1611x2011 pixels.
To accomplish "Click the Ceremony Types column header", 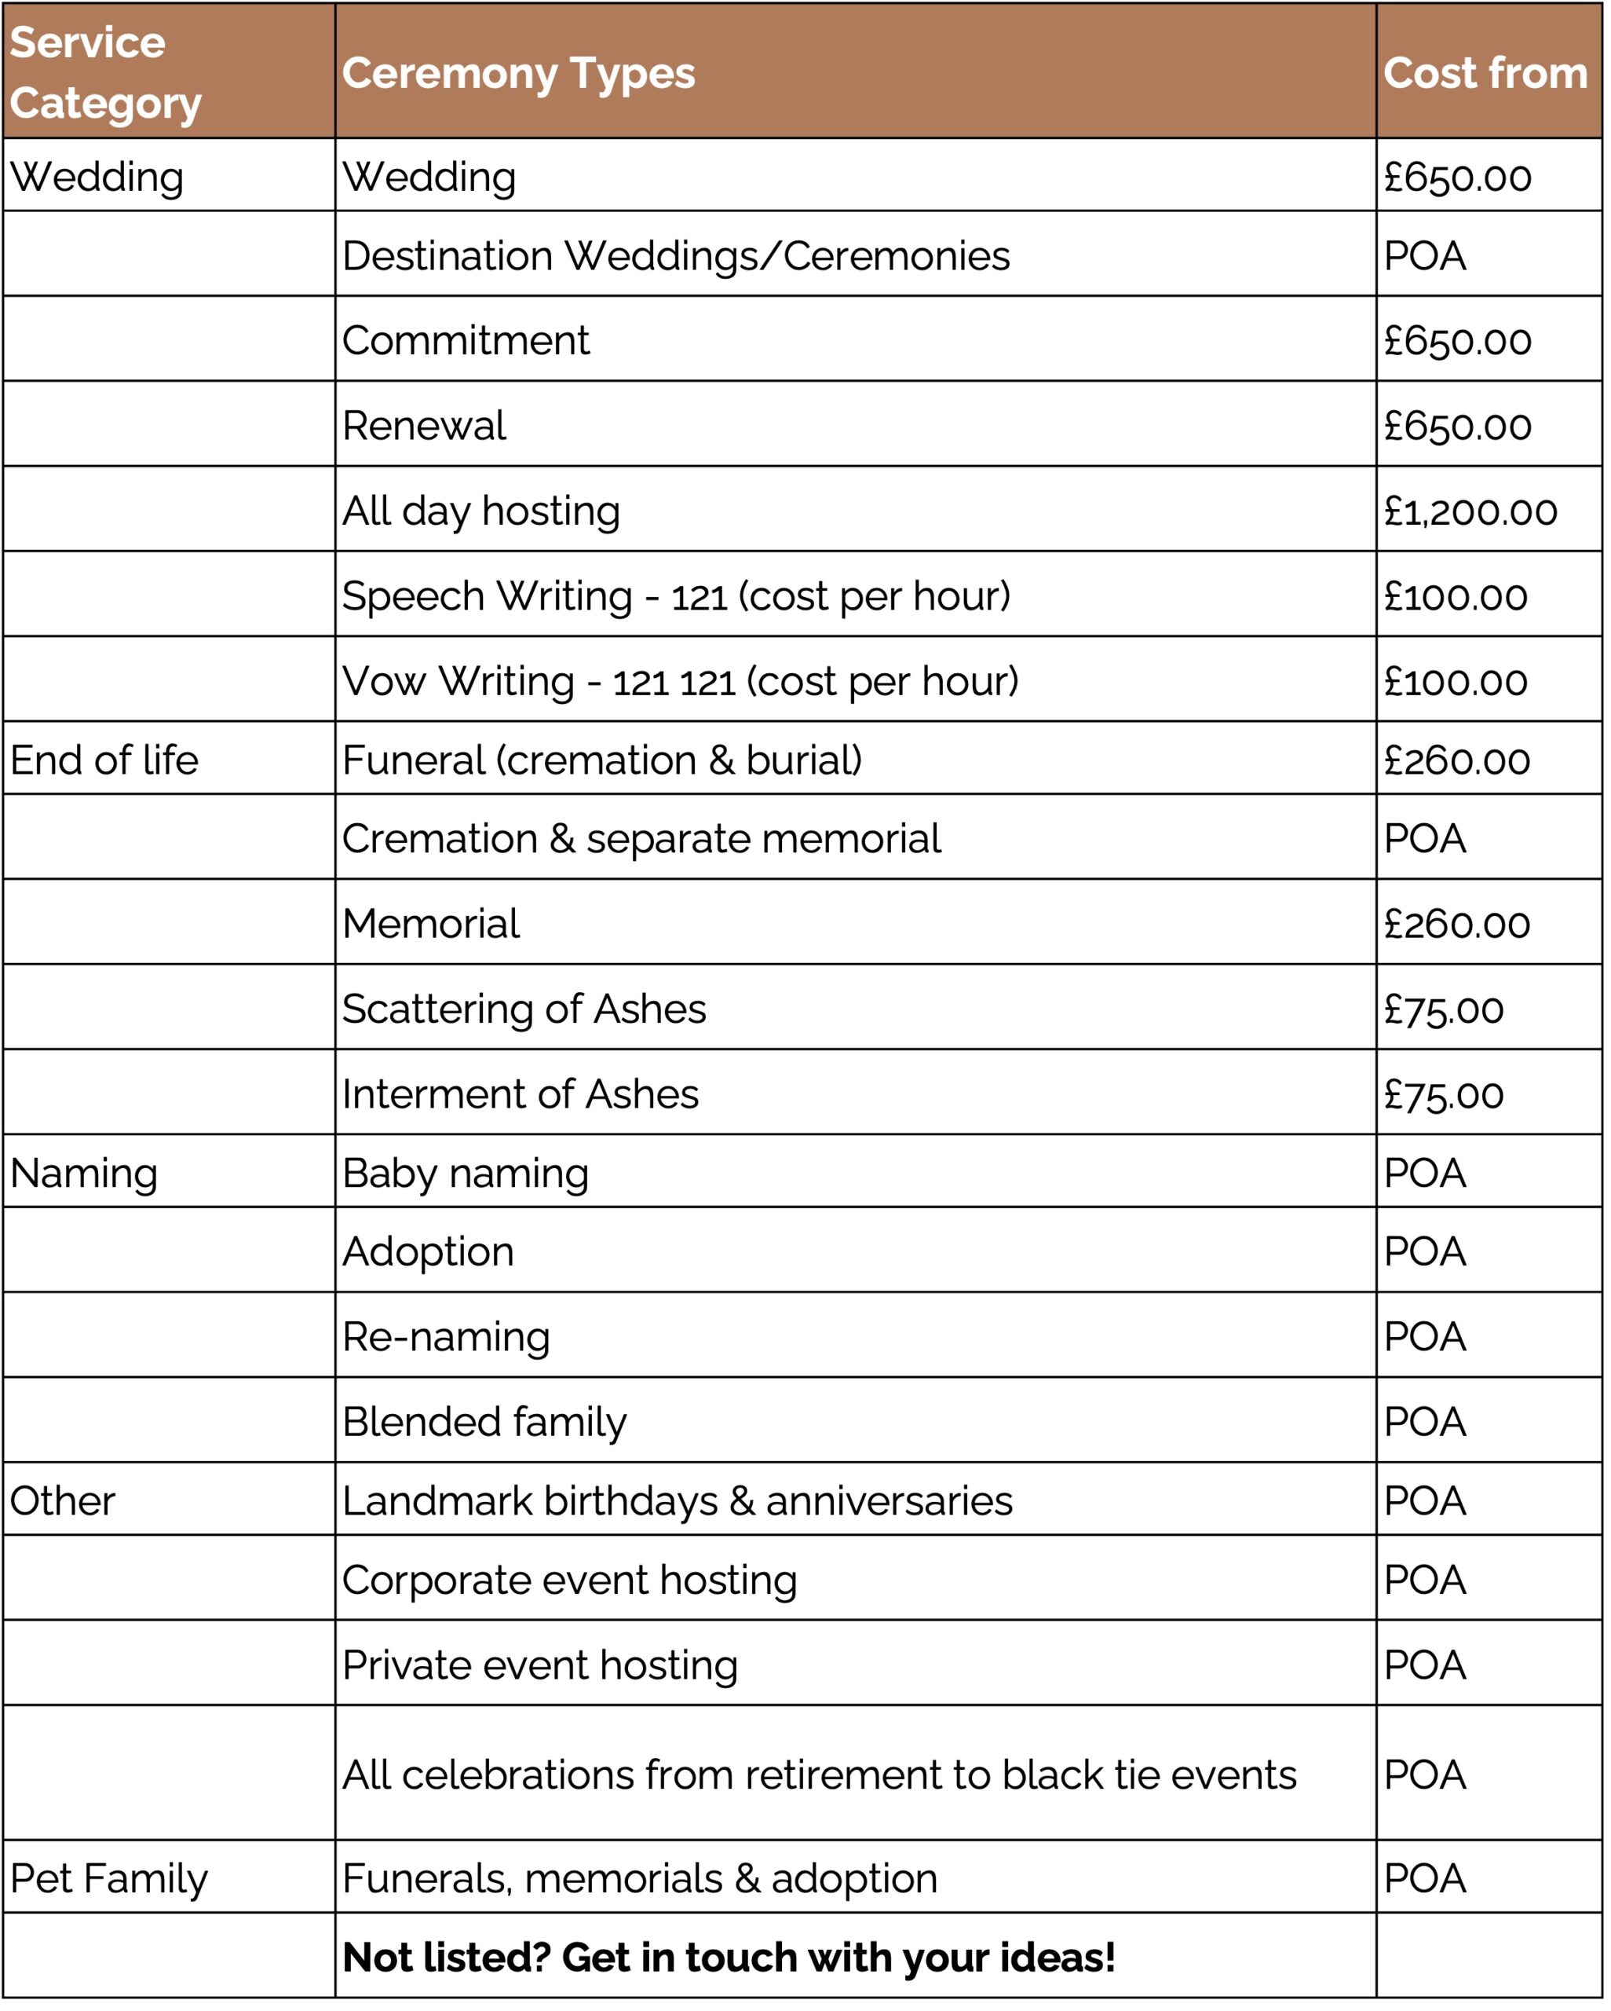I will point(518,73).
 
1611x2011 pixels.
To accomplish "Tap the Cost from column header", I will point(1484,73).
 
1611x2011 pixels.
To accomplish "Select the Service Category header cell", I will point(104,73).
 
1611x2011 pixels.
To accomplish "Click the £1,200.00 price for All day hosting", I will point(1470,511).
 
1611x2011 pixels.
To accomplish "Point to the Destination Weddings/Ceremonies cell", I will point(676,255).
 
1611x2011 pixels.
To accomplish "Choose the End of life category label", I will point(104,760).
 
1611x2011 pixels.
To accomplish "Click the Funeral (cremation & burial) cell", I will point(602,760).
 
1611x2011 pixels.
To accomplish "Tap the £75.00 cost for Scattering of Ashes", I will point(1443,1009).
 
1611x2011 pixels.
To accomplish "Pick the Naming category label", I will point(84,1174).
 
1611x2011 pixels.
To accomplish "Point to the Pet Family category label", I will point(109,1878).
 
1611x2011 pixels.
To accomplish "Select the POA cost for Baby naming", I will point(1424,1174).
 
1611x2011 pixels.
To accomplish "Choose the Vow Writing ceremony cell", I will point(681,682).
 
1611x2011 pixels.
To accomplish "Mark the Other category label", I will point(63,1501).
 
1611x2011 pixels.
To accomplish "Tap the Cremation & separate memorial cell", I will point(641,838).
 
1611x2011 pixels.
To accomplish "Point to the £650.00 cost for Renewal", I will point(1457,427).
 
